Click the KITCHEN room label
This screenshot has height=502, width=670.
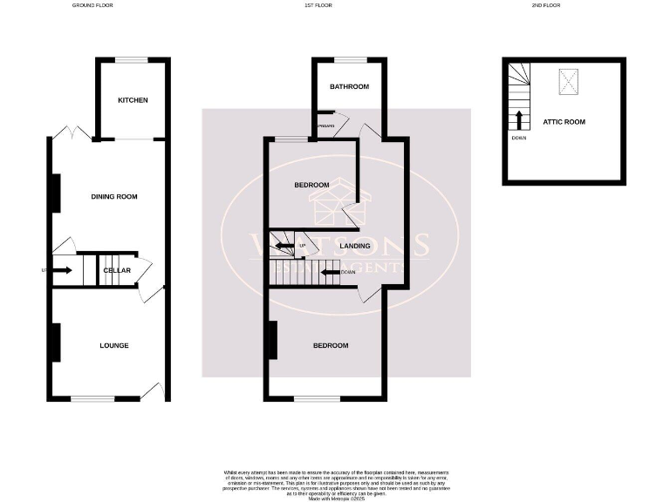point(133,100)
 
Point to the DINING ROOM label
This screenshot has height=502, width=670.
point(114,197)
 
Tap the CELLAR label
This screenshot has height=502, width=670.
point(117,270)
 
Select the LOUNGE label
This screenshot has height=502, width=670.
point(114,345)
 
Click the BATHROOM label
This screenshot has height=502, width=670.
point(349,87)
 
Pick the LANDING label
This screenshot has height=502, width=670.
point(355,247)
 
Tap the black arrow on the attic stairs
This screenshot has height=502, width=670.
point(520,119)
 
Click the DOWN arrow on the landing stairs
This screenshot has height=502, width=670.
point(331,273)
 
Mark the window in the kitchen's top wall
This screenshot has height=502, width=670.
point(133,59)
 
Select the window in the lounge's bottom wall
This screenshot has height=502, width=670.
point(92,398)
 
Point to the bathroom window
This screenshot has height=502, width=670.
point(349,59)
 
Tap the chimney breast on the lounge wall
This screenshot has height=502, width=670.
point(55,343)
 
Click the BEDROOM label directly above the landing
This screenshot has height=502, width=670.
point(311,185)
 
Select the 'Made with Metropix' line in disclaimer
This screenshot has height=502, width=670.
point(335,497)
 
